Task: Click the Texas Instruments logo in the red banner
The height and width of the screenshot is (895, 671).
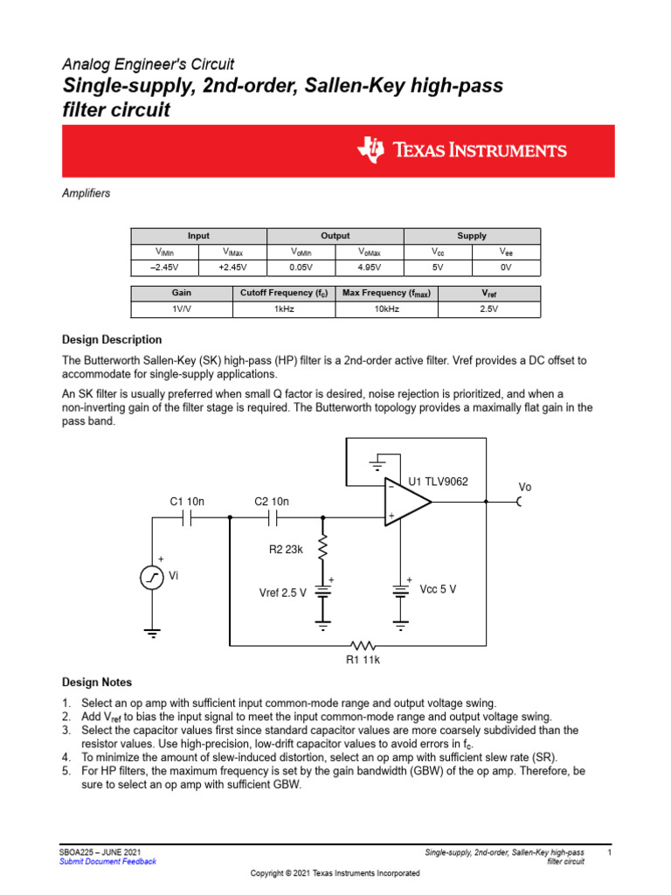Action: click(x=462, y=150)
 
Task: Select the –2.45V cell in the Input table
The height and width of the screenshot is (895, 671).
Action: click(x=164, y=267)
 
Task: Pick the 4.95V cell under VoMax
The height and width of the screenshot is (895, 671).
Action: click(x=369, y=267)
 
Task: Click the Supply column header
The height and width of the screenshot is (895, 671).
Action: click(x=472, y=236)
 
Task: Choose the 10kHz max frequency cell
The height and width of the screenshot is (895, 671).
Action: click(x=386, y=309)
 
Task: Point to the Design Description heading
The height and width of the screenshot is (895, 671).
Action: click(x=112, y=340)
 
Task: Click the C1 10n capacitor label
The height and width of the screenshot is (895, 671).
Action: click(x=186, y=502)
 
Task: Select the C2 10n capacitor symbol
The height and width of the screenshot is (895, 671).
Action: click(x=272, y=517)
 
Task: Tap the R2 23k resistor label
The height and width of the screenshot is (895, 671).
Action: click(x=285, y=550)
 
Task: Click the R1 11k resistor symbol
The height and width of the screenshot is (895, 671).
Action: click(x=362, y=645)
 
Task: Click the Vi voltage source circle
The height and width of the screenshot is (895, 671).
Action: click(x=152, y=578)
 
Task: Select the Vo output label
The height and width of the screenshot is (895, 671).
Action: click(x=524, y=487)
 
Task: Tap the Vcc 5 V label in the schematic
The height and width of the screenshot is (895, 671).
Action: click(x=438, y=589)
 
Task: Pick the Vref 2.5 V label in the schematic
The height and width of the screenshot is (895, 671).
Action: click(x=282, y=593)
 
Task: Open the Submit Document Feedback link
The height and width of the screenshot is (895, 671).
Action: click(x=107, y=862)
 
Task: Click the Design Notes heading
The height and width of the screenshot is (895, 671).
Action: click(x=97, y=683)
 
